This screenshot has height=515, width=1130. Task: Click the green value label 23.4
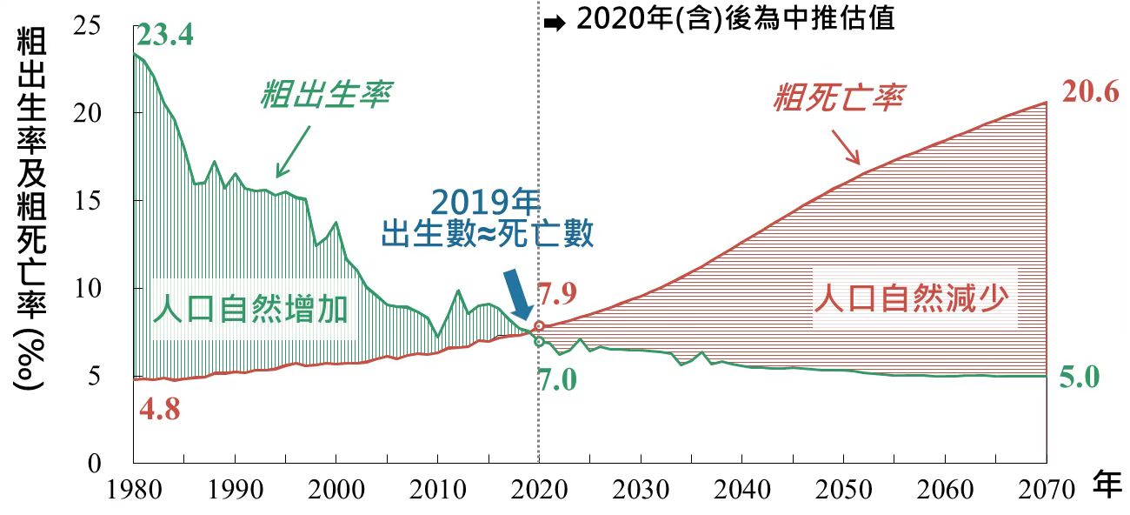(164, 36)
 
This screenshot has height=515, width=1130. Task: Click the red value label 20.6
(1090, 92)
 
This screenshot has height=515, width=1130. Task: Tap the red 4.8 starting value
(160, 410)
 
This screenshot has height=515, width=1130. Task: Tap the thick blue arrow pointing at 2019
(520, 296)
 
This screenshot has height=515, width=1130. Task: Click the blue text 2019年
(484, 202)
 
